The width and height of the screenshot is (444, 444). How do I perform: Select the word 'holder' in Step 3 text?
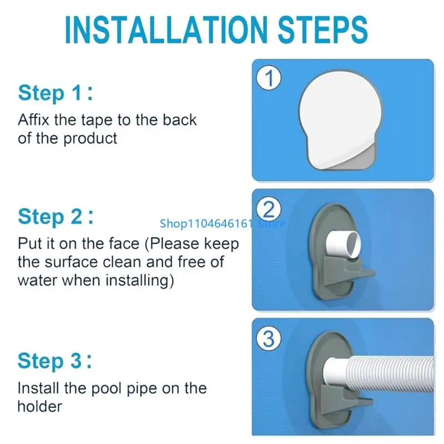(40, 406)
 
